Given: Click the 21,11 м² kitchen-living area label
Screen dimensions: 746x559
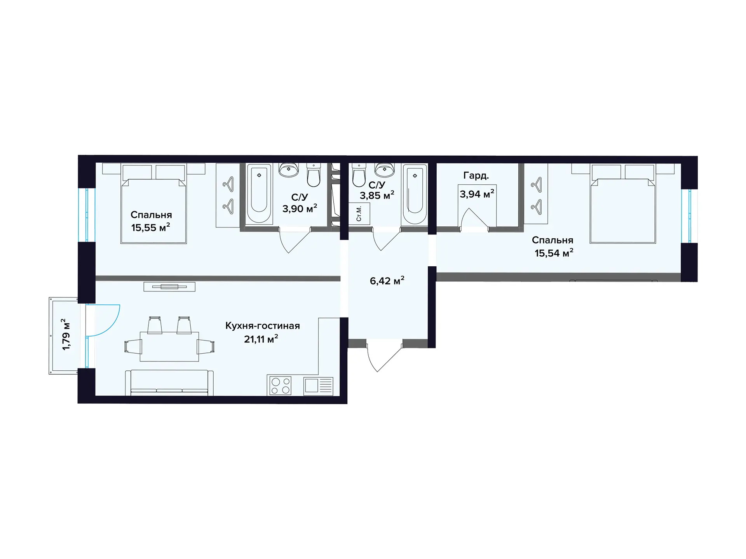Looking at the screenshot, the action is pyautogui.click(x=261, y=339).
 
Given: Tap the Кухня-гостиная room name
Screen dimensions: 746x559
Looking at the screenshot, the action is pyautogui.click(x=263, y=326).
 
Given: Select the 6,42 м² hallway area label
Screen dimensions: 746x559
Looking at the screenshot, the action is pyautogui.click(x=387, y=281).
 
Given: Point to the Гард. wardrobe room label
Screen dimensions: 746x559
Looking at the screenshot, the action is pyautogui.click(x=476, y=175).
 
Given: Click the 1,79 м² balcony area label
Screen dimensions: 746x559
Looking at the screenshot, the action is pyautogui.click(x=66, y=335).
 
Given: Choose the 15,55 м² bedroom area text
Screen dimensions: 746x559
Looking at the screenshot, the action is pyautogui.click(x=151, y=227).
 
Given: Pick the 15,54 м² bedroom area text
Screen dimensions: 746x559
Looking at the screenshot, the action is pyautogui.click(x=554, y=253).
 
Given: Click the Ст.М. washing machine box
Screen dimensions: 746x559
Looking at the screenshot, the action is pyautogui.click(x=359, y=214).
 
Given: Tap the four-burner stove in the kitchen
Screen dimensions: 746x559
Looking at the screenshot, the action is pyautogui.click(x=280, y=385).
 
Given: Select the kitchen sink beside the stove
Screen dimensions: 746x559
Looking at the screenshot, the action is pyautogui.click(x=318, y=386).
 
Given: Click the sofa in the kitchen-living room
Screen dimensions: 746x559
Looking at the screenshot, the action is pyautogui.click(x=169, y=383).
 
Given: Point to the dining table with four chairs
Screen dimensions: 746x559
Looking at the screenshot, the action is pyautogui.click(x=169, y=340).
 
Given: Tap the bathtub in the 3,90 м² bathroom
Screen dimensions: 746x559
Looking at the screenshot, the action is pyautogui.click(x=259, y=194).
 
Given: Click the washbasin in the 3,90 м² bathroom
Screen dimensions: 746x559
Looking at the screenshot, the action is pyautogui.click(x=289, y=170).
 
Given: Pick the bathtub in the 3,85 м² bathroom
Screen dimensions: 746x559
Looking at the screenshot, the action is pyautogui.click(x=415, y=194).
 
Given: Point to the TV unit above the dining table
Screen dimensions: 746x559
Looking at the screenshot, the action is pyautogui.click(x=169, y=287).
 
